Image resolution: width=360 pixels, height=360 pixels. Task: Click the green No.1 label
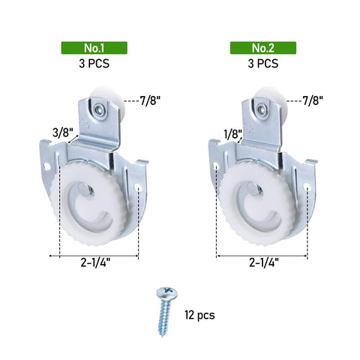click(94, 48)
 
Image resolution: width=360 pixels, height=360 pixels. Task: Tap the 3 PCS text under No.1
click(94, 64)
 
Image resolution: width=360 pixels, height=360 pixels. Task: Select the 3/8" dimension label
click(61, 133)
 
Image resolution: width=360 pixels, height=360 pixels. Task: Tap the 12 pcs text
click(199, 315)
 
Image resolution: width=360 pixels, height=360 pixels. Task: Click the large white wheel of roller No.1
click(90, 202)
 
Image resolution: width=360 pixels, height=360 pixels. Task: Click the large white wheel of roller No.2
click(259, 202)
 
